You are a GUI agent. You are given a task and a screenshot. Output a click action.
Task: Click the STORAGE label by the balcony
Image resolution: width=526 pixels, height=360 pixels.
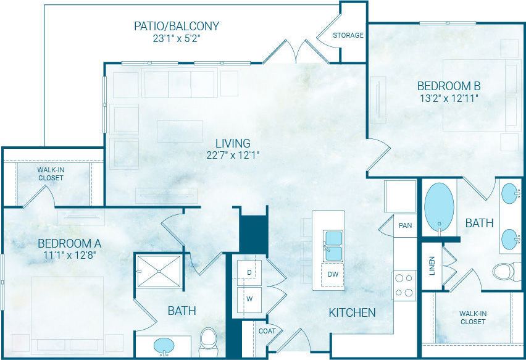[348, 35]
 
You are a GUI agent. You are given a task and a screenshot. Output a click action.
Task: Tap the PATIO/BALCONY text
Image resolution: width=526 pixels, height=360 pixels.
[177, 26]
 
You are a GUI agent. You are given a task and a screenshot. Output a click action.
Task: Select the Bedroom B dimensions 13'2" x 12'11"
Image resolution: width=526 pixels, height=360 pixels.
[448, 98]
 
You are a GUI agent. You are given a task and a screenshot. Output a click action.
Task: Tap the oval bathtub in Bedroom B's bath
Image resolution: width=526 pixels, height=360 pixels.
[439, 206]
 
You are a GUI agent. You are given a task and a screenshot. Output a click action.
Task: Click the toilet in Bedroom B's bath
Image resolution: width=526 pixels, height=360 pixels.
[506, 271]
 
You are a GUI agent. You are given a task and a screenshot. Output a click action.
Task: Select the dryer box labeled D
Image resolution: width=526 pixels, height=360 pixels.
[249, 272]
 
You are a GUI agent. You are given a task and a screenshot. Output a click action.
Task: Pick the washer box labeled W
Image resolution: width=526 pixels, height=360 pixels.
[249, 299]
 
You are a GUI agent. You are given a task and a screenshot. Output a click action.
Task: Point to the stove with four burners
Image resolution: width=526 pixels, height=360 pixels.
[404, 285]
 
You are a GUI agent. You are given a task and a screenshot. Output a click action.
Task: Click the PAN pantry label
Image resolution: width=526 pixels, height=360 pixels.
[405, 225]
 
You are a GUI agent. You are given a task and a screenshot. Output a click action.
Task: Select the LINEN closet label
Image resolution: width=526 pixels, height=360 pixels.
[432, 266]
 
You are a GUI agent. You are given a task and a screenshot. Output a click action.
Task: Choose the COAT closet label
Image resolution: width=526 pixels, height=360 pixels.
[267, 331]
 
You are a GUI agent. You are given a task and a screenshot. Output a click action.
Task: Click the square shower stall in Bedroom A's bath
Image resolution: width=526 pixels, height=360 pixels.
[159, 270]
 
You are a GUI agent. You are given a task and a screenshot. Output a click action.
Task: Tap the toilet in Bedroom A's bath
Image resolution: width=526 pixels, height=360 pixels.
[208, 340]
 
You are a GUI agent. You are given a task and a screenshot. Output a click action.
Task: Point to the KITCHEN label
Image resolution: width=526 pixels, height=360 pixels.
[352, 313]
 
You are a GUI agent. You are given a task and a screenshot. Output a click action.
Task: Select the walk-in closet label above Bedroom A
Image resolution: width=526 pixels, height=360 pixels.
[50, 174]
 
